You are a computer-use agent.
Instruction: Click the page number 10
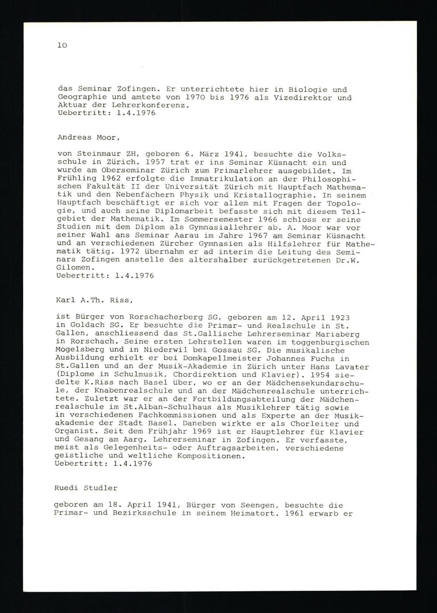click(x=62, y=45)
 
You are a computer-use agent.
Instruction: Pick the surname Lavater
click(x=351, y=366)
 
